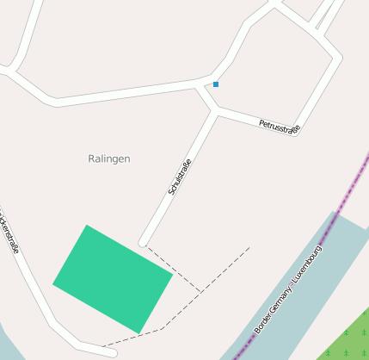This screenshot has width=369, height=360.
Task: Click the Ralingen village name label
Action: coord(109,158)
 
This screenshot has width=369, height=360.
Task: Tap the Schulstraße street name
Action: coord(179,177)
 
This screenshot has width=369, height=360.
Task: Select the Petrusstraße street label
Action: coord(279,127)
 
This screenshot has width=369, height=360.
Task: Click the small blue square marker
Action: coord(216,84)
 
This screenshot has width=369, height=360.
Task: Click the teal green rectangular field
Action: coord(113,278)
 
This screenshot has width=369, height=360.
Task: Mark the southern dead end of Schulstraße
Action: coord(144,242)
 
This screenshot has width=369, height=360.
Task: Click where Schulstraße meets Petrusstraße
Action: coord(215,111)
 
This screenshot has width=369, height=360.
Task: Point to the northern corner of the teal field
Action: coord(86,226)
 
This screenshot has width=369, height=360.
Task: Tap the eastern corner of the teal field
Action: coord(173,275)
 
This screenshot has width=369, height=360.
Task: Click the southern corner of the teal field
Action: coord(138,333)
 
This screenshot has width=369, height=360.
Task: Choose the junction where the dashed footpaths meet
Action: coord(201,292)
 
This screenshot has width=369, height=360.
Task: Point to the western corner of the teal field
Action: coord(53,283)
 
